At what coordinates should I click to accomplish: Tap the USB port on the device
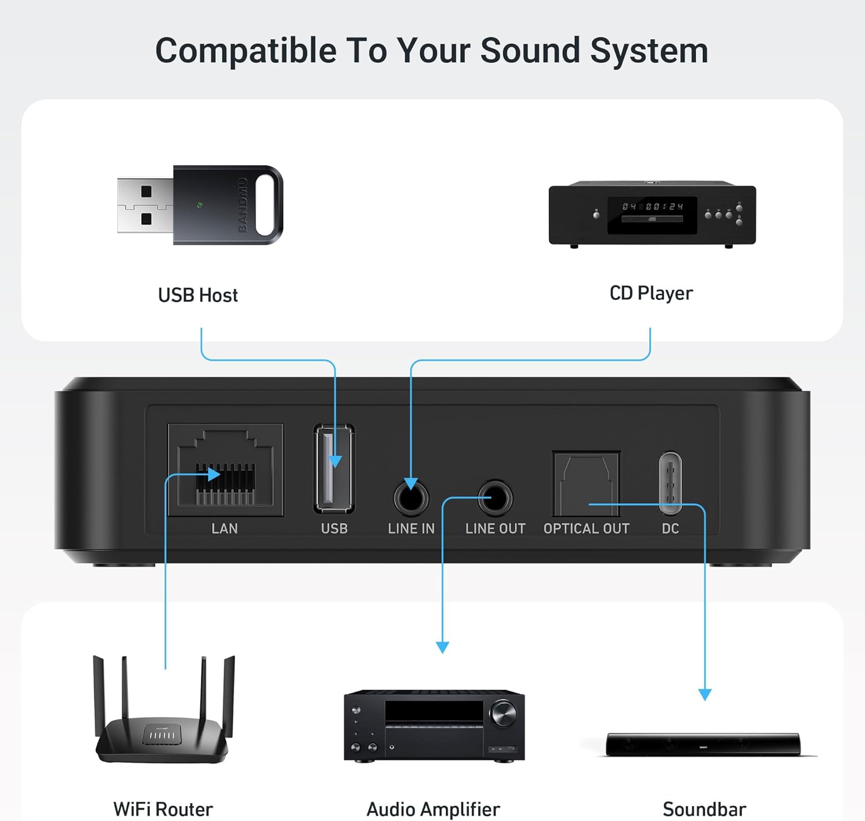tap(334, 468)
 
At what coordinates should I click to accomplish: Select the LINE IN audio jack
tap(411, 497)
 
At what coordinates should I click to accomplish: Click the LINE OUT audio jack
tap(495, 497)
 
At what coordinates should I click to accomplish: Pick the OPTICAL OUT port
tap(586, 483)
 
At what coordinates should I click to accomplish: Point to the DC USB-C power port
tap(670, 483)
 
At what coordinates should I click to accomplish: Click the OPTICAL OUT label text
tap(586, 528)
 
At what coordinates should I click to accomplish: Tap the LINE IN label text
tap(411, 528)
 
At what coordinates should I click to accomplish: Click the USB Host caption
tap(198, 295)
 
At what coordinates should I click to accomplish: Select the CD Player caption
tap(651, 293)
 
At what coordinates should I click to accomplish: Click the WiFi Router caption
tap(163, 809)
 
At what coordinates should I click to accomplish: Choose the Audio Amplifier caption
tap(433, 809)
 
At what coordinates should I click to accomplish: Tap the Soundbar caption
tap(704, 809)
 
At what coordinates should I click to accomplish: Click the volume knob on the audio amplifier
tap(503, 714)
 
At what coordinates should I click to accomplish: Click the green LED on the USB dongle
tap(200, 205)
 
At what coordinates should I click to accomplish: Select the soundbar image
tap(703, 744)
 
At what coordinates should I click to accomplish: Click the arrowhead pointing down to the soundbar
tap(705, 694)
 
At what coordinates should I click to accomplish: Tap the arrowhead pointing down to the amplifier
tap(442, 647)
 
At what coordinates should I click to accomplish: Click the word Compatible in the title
tap(246, 51)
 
